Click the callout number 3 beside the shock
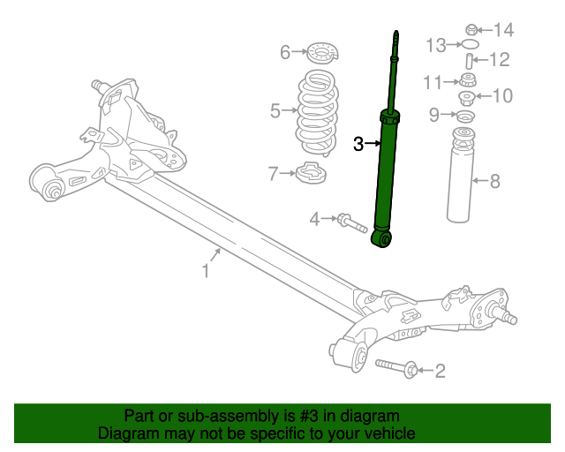pos(358,143)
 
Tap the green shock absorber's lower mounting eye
pos(382,238)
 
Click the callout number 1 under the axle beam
pos(206,271)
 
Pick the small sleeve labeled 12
pos(471,61)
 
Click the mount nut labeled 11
pos(470,81)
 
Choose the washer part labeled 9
pos(463,115)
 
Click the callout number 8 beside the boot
pos(494,182)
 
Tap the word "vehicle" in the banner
pos(388,433)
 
